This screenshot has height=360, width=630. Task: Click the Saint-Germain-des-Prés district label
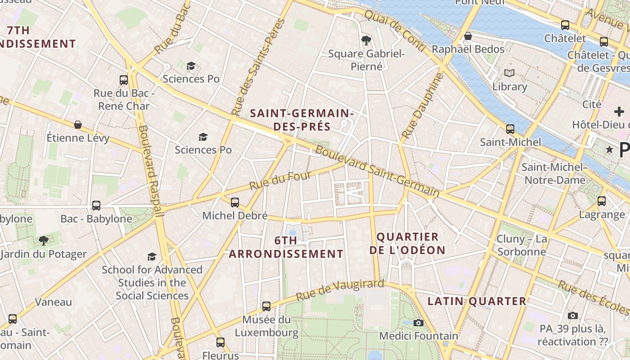point(302,120)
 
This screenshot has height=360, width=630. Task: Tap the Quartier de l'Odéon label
point(407,243)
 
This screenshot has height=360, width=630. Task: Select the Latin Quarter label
point(477,301)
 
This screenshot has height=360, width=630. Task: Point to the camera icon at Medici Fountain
point(418,323)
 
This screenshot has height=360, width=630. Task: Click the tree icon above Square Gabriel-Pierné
point(366,40)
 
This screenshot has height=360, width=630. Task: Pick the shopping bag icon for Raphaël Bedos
point(468,36)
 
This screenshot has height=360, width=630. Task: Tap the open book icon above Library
point(509,73)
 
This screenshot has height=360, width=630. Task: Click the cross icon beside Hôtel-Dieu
point(619,112)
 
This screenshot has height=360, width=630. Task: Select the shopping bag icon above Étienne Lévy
point(78,124)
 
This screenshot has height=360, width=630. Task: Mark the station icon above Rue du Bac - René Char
point(124,80)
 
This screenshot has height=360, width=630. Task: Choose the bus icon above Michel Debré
point(235,202)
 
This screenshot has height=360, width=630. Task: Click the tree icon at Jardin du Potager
point(43,241)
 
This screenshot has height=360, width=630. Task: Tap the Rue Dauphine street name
point(422,105)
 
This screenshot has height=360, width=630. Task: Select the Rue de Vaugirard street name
point(340,290)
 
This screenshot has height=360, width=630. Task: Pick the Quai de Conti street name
point(395,30)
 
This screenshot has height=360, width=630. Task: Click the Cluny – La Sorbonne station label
point(522,245)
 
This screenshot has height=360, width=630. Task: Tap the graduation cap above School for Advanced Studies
point(152,256)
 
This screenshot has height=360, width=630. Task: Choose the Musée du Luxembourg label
point(266,326)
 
